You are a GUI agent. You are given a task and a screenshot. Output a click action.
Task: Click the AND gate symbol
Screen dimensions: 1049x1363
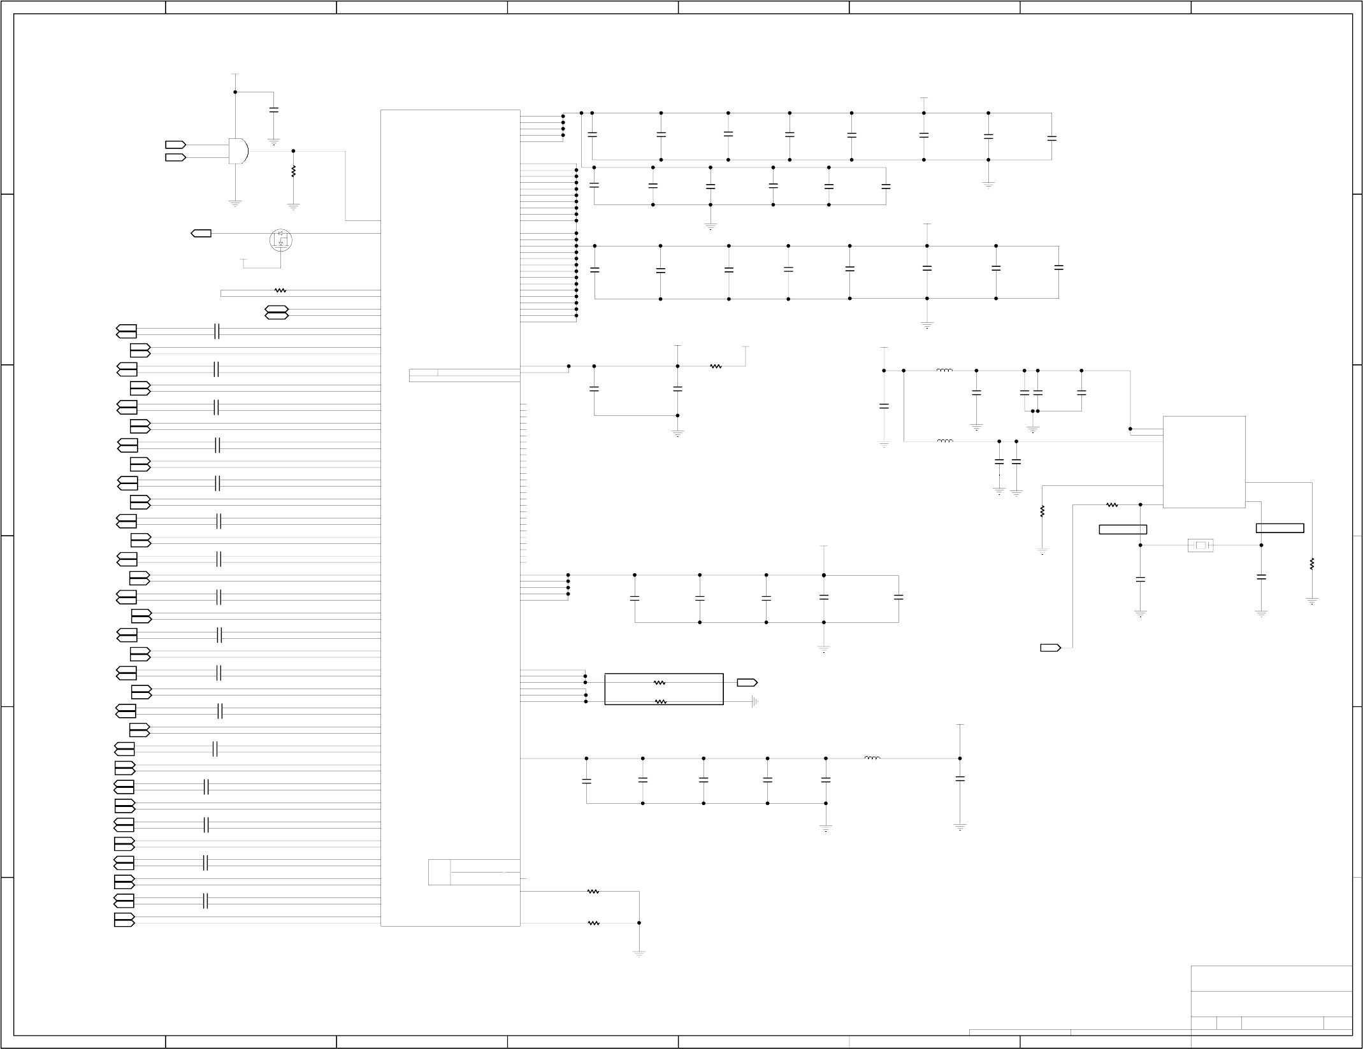(238, 151)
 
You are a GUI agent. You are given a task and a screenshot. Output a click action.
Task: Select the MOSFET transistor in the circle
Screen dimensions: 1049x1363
(280, 239)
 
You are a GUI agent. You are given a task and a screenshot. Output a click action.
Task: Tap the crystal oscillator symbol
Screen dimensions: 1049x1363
(1201, 545)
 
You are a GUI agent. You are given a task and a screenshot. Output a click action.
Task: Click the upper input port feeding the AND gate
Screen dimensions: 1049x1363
(175, 145)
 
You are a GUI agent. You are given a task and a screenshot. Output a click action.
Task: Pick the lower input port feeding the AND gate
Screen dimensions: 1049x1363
(175, 157)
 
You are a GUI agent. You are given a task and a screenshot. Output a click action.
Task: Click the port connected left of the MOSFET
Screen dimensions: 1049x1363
(201, 234)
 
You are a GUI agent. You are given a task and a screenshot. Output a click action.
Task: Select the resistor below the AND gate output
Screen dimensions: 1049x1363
(293, 171)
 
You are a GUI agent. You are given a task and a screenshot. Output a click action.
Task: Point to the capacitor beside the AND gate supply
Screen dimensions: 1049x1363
(274, 110)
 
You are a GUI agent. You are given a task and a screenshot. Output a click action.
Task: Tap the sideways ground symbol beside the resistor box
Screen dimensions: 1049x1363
(754, 702)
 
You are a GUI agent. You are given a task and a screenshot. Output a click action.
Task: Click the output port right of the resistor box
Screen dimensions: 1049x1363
(747, 683)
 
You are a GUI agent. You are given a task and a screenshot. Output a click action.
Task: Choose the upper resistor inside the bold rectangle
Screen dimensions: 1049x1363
(660, 683)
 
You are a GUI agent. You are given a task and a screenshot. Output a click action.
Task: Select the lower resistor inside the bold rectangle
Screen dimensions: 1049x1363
(661, 702)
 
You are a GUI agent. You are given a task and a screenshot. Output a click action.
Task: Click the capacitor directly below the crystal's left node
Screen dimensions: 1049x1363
(1141, 580)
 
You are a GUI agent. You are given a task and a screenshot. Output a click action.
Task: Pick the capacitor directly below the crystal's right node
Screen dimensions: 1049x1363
(1261, 577)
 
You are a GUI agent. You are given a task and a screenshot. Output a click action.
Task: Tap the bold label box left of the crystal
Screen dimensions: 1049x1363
(1123, 529)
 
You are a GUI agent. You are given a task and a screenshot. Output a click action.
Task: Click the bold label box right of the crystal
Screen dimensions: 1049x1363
(1280, 528)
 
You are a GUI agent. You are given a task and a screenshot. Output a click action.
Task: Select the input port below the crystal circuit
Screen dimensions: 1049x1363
(1050, 648)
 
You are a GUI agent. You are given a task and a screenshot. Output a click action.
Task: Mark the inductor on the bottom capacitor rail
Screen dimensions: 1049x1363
(872, 758)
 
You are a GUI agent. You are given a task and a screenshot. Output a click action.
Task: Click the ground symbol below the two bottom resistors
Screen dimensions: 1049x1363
(639, 972)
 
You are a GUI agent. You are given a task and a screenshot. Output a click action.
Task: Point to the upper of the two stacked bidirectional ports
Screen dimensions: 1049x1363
(277, 310)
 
